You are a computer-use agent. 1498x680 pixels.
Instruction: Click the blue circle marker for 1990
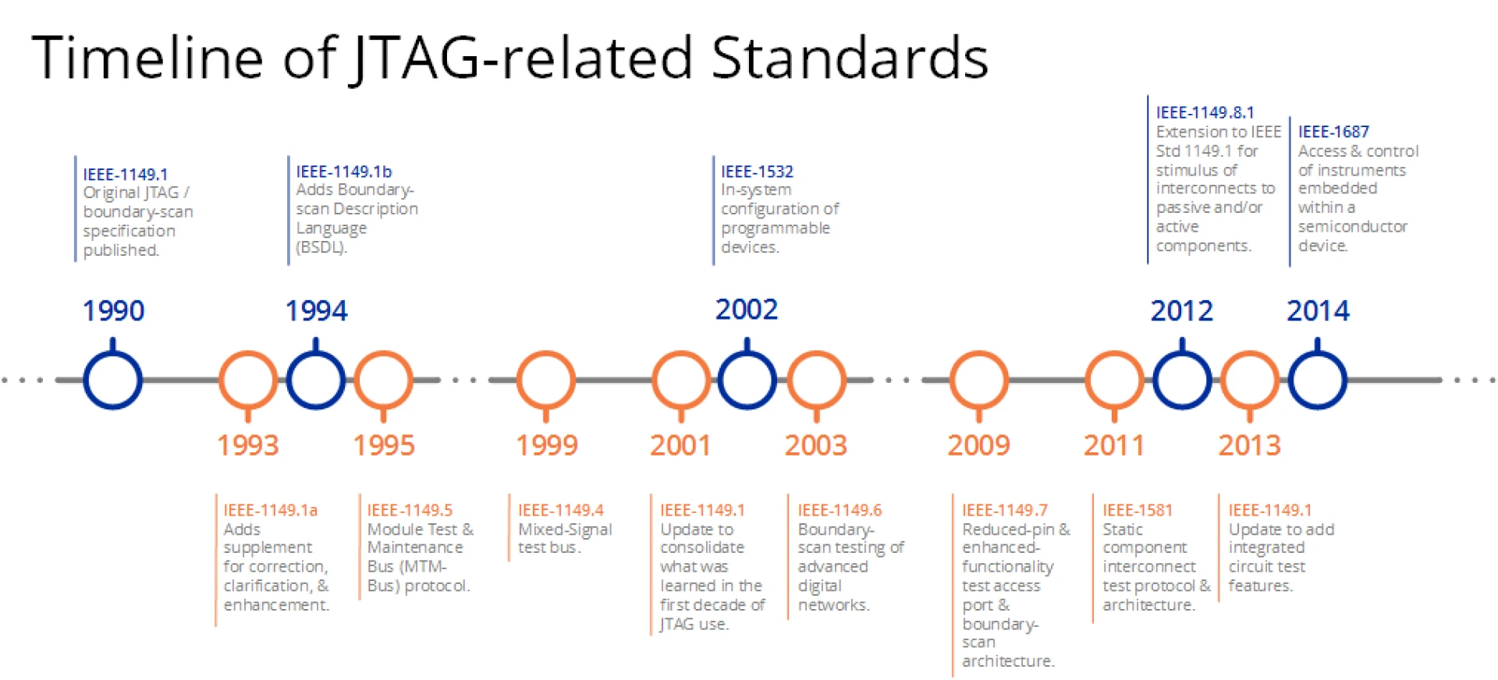coord(113,380)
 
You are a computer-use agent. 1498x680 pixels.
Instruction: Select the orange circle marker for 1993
coord(248,380)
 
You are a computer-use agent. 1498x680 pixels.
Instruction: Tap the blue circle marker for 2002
coord(747,380)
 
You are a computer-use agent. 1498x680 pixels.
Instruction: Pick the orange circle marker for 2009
coord(979,380)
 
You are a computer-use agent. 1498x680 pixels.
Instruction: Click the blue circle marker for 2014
coord(1317,380)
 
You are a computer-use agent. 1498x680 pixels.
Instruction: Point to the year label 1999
coord(546,445)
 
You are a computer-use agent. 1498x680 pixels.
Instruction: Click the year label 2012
coord(1181,311)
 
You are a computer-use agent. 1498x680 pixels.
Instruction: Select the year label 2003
coord(815,445)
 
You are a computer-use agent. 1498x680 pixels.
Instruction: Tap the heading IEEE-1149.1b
coord(343,172)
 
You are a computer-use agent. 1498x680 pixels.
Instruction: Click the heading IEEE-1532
coord(756,172)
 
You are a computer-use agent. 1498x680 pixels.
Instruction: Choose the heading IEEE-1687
coord(1333,132)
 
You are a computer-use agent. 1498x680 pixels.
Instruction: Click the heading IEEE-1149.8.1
coord(1204,112)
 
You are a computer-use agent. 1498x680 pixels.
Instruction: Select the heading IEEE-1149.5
coord(410,510)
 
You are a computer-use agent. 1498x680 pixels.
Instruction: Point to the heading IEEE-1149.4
coord(560,510)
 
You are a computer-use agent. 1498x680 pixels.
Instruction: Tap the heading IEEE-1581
coord(1137,510)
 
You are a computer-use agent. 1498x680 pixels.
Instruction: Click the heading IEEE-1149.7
coord(1004,510)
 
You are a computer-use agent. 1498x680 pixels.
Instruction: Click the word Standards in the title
coord(850,58)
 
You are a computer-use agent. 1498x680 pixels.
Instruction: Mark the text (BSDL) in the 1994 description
coord(321,247)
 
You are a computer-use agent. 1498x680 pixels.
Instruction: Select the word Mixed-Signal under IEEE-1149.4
coord(565,529)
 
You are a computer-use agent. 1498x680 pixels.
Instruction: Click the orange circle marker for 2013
coord(1250,380)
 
